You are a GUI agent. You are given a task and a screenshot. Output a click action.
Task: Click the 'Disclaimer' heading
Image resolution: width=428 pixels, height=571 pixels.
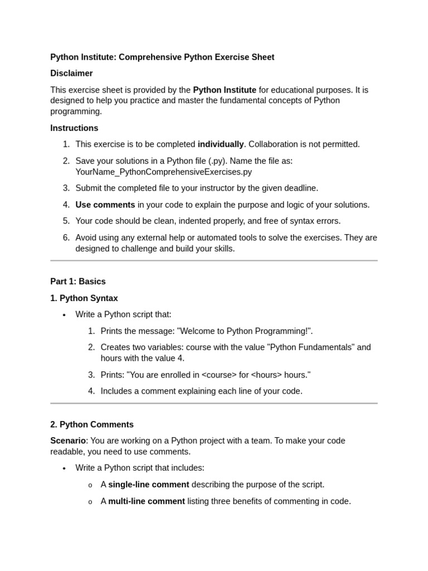coord(71,74)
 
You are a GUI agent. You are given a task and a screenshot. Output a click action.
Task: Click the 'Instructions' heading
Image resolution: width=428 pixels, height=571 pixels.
coord(74,128)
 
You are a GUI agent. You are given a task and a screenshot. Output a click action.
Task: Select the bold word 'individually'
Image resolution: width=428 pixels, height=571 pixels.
coord(221,144)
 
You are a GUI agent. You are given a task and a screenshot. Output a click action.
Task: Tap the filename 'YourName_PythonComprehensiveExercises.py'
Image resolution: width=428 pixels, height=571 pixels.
coord(163,172)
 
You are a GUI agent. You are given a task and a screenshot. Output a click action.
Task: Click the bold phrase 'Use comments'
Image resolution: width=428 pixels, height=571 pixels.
coord(105,205)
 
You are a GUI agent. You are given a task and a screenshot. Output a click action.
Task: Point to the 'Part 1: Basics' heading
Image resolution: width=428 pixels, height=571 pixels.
coord(78,282)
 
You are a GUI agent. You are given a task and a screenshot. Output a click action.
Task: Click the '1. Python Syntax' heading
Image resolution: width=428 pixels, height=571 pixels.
coord(84,298)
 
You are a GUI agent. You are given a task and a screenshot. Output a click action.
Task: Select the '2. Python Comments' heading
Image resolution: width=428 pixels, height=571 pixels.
coord(92,425)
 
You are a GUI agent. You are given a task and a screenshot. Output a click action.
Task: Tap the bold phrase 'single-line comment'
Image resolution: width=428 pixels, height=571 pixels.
coord(149,485)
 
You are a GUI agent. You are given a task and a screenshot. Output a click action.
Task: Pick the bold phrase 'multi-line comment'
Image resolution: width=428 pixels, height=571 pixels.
coord(147,501)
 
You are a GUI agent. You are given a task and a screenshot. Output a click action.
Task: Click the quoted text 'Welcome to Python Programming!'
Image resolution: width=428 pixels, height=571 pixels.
coord(245,331)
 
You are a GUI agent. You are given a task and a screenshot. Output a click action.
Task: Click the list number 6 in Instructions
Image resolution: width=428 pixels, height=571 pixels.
coord(66,238)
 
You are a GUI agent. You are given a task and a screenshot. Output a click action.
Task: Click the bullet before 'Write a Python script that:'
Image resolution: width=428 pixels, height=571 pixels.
coord(64,315)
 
